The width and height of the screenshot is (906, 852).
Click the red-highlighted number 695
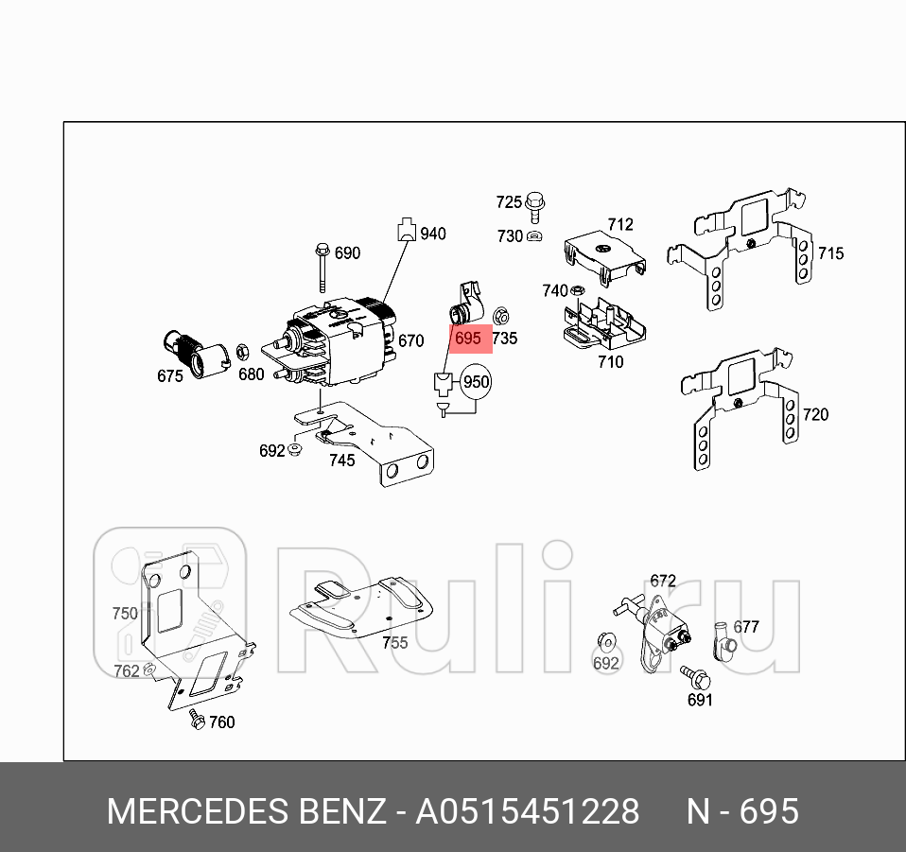click(x=468, y=338)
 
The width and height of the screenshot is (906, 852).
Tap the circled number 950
click(x=476, y=382)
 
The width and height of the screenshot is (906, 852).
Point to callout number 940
click(x=432, y=234)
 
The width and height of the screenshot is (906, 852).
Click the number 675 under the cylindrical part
click(x=170, y=375)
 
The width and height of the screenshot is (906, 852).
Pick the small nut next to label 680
click(x=240, y=352)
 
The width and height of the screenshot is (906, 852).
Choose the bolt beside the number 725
click(x=536, y=201)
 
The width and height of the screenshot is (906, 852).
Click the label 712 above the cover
click(x=620, y=224)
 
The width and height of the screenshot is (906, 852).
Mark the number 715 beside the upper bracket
click(x=830, y=253)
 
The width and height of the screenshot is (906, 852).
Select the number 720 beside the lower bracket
click(x=814, y=414)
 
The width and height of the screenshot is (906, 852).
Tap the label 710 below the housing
click(x=611, y=361)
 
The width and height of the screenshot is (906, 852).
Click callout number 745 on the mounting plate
click(x=341, y=461)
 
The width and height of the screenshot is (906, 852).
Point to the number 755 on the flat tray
click(x=394, y=643)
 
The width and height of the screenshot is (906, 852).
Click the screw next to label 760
click(x=196, y=719)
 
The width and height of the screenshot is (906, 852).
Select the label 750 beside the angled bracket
click(x=125, y=613)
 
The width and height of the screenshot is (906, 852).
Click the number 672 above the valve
click(x=663, y=580)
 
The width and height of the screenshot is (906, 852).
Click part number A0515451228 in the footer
click(x=528, y=812)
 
